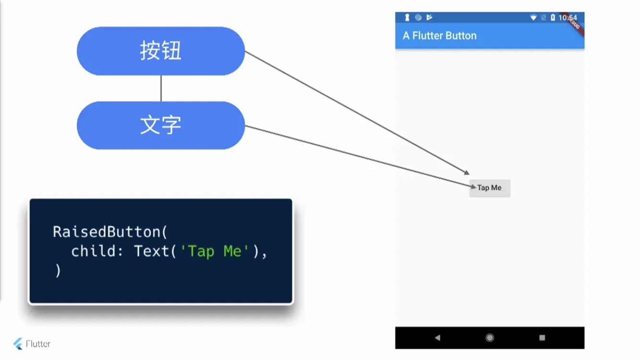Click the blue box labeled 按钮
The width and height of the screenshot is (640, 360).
coord(161,51)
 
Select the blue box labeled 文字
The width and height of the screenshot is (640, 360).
coord(161,125)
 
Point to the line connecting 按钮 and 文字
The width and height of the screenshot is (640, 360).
coord(161,88)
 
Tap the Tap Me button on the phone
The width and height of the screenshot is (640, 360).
coord(489,188)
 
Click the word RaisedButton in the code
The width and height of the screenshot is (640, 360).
coord(107,232)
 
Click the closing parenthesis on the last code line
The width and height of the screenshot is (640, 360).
coord(58,271)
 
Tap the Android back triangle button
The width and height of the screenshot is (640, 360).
coord(437,338)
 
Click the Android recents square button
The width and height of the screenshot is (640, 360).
coord(542,338)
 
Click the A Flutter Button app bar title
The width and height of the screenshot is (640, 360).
coord(439,36)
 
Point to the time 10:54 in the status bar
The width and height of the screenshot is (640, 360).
coord(568,18)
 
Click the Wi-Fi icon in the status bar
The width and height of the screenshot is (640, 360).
coord(533,18)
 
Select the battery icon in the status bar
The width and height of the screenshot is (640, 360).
coord(553,18)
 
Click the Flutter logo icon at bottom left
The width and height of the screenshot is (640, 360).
coord(18,344)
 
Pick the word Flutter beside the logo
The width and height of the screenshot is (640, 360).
coord(38,344)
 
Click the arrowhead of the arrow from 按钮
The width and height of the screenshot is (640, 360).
coord(467,172)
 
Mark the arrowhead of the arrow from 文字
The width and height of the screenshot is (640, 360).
coord(474,186)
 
